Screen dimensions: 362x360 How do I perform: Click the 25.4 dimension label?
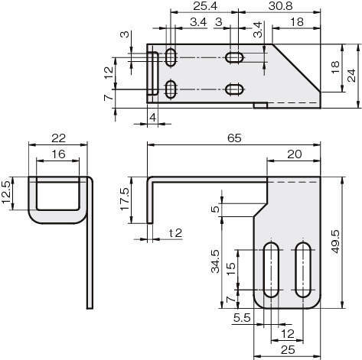coord(205,6)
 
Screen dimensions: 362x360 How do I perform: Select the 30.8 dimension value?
coord(280,6)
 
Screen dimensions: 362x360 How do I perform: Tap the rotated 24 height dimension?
coord(352,76)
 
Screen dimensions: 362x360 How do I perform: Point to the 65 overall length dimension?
coord(234,138)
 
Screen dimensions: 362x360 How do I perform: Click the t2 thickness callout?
coord(176,233)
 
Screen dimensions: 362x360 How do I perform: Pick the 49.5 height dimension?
coord(335,242)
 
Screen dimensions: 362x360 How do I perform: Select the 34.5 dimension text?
coord(216,261)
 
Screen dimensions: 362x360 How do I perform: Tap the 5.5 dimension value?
coord(242,318)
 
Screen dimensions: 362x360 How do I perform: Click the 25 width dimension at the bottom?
coord(288,350)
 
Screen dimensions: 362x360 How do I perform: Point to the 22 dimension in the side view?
coord(58,138)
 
